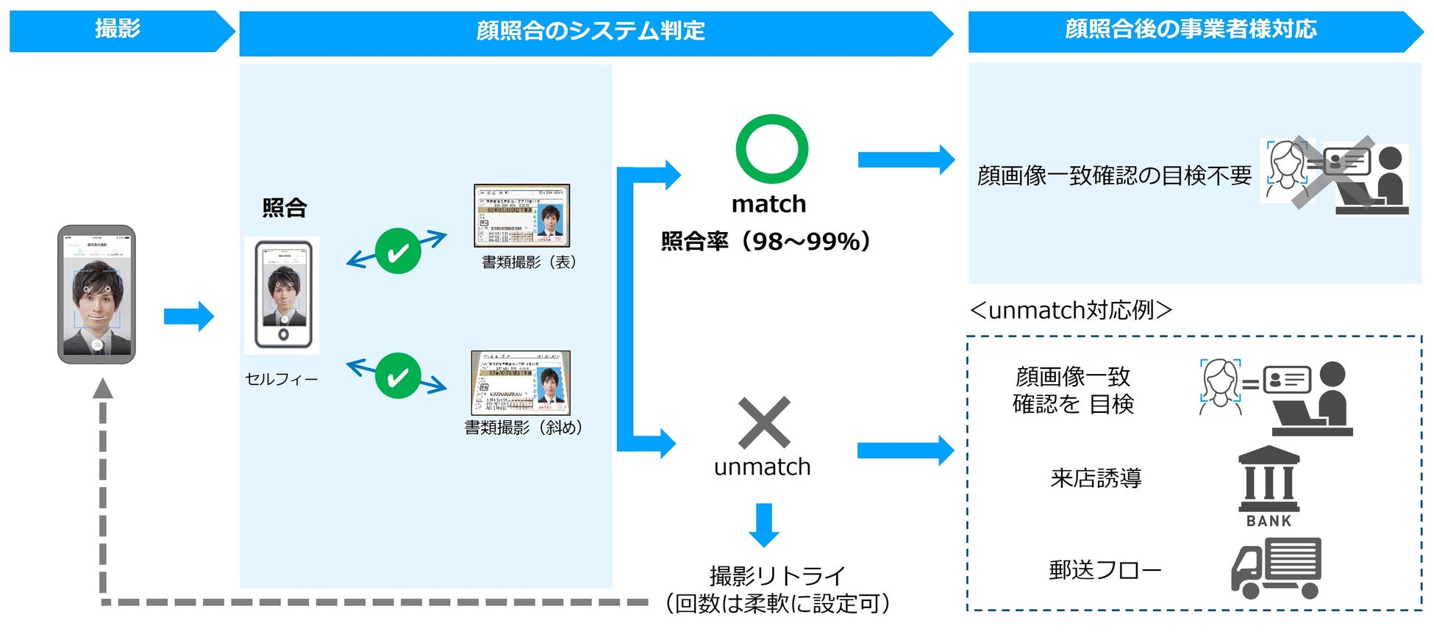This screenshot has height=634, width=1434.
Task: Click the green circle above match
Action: click(x=771, y=148)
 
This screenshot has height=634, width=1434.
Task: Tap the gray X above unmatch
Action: click(x=764, y=422)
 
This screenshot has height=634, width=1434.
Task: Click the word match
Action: click(x=768, y=203)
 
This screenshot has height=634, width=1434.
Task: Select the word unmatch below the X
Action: click(x=762, y=467)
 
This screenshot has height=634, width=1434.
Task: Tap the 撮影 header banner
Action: click(x=118, y=30)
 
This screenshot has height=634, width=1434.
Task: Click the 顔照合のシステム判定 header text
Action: click(x=591, y=31)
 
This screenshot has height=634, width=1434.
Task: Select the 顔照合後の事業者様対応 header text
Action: click(x=1191, y=29)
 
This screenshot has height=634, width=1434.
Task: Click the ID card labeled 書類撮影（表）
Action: click(x=521, y=215)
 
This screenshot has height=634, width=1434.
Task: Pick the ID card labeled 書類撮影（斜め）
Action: click(x=521, y=383)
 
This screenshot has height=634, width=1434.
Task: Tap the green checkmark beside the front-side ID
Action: click(x=398, y=251)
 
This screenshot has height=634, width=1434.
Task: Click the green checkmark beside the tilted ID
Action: click(x=398, y=375)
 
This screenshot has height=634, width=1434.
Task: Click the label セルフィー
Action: click(x=281, y=379)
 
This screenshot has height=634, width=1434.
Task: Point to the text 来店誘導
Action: click(x=1096, y=478)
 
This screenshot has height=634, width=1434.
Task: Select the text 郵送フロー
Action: click(x=1105, y=569)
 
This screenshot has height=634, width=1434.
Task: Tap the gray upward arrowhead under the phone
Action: click(x=103, y=388)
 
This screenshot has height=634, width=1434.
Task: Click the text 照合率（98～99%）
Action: click(x=766, y=241)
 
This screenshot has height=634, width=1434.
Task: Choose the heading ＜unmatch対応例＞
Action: click(x=1071, y=310)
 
